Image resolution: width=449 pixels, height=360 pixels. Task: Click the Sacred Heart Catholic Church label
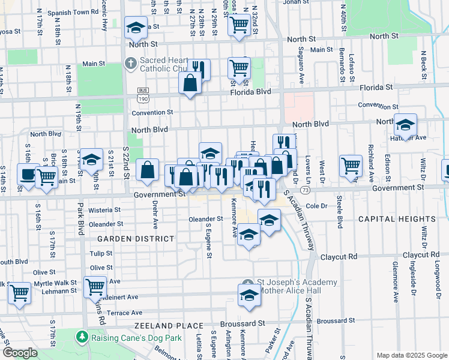coord(164,64)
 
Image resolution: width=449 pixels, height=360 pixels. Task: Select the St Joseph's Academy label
coord(286,282)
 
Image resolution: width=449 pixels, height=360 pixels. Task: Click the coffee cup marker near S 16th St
coord(27,174)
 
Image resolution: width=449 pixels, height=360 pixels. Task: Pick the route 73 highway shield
coord(306,190)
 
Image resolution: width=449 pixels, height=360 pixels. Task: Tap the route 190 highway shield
coord(142,97)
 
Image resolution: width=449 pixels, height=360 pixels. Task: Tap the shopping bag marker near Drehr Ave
coord(148,170)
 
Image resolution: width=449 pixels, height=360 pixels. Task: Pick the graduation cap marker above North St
coord(136,28)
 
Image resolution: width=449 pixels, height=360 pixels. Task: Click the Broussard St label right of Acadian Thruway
coord(336,321)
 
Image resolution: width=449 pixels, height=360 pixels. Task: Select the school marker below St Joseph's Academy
coord(250,295)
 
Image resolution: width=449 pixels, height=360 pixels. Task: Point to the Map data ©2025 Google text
coord(412,355)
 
